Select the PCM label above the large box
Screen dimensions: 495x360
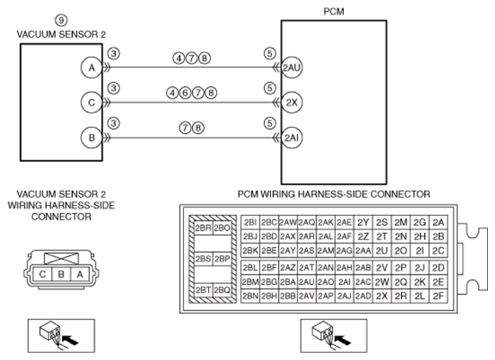tap(334, 12)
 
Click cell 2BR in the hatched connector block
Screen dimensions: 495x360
tap(203, 228)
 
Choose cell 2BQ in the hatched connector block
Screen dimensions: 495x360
tap(222, 290)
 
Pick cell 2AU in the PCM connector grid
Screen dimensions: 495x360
tap(306, 282)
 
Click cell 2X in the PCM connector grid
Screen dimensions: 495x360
tap(381, 296)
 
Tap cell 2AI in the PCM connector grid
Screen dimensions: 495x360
tap(344, 282)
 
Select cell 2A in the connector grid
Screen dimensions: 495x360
tap(438, 222)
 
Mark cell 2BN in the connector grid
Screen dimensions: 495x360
tap(251, 296)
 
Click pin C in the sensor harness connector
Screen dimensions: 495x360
tap(42, 275)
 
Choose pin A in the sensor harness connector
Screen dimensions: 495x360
tap(80, 275)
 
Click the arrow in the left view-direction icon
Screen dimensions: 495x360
tap(70, 340)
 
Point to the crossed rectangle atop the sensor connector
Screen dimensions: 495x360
tap(61, 258)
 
